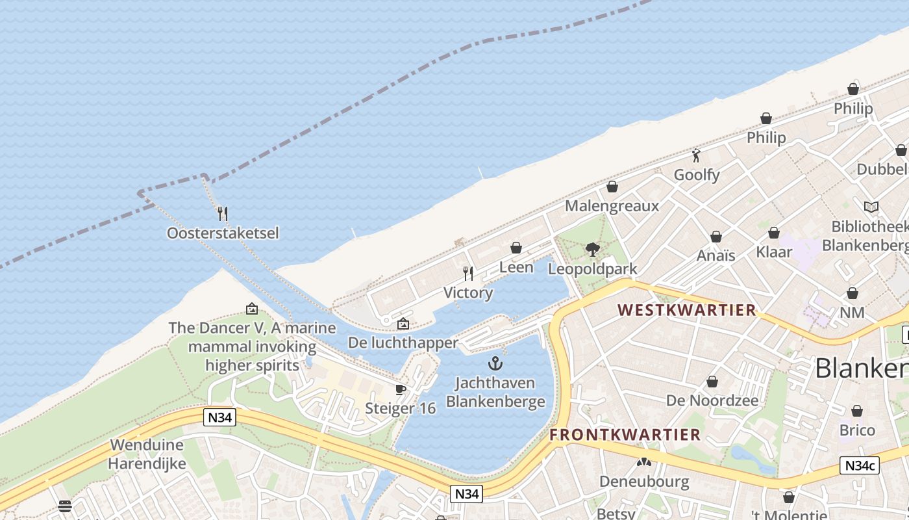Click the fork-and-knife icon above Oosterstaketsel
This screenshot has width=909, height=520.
point(222,213)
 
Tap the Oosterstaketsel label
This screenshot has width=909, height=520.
point(223,233)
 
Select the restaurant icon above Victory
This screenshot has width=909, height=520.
point(467,273)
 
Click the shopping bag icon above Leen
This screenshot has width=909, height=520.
point(516,248)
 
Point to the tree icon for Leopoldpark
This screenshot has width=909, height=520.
point(592,249)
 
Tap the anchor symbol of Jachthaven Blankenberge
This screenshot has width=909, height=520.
point(495,363)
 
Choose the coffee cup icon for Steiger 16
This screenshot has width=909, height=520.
point(401,389)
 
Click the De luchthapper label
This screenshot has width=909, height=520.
point(403,342)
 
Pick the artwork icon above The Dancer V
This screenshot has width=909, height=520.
point(252,309)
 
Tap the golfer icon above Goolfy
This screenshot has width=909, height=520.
point(696,155)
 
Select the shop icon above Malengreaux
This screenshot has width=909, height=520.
point(612,187)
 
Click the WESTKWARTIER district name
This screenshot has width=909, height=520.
point(686,310)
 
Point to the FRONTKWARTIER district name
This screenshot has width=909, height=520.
point(625,435)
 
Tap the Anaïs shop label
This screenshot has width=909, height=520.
point(716,255)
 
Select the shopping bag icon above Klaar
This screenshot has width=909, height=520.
point(774,233)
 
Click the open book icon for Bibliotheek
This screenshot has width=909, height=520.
point(871,207)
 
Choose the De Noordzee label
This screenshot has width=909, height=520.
point(712,400)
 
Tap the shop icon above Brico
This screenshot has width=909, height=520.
point(857,411)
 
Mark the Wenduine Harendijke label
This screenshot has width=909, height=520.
point(147,454)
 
